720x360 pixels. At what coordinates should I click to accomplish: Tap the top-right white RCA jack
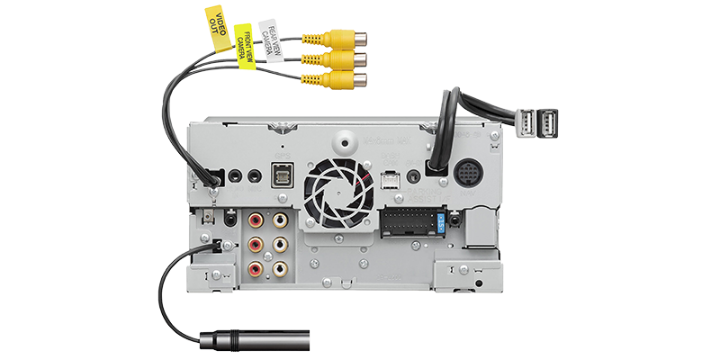click(x=279, y=220)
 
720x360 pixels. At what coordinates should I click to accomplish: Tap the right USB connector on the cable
click(x=550, y=121)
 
